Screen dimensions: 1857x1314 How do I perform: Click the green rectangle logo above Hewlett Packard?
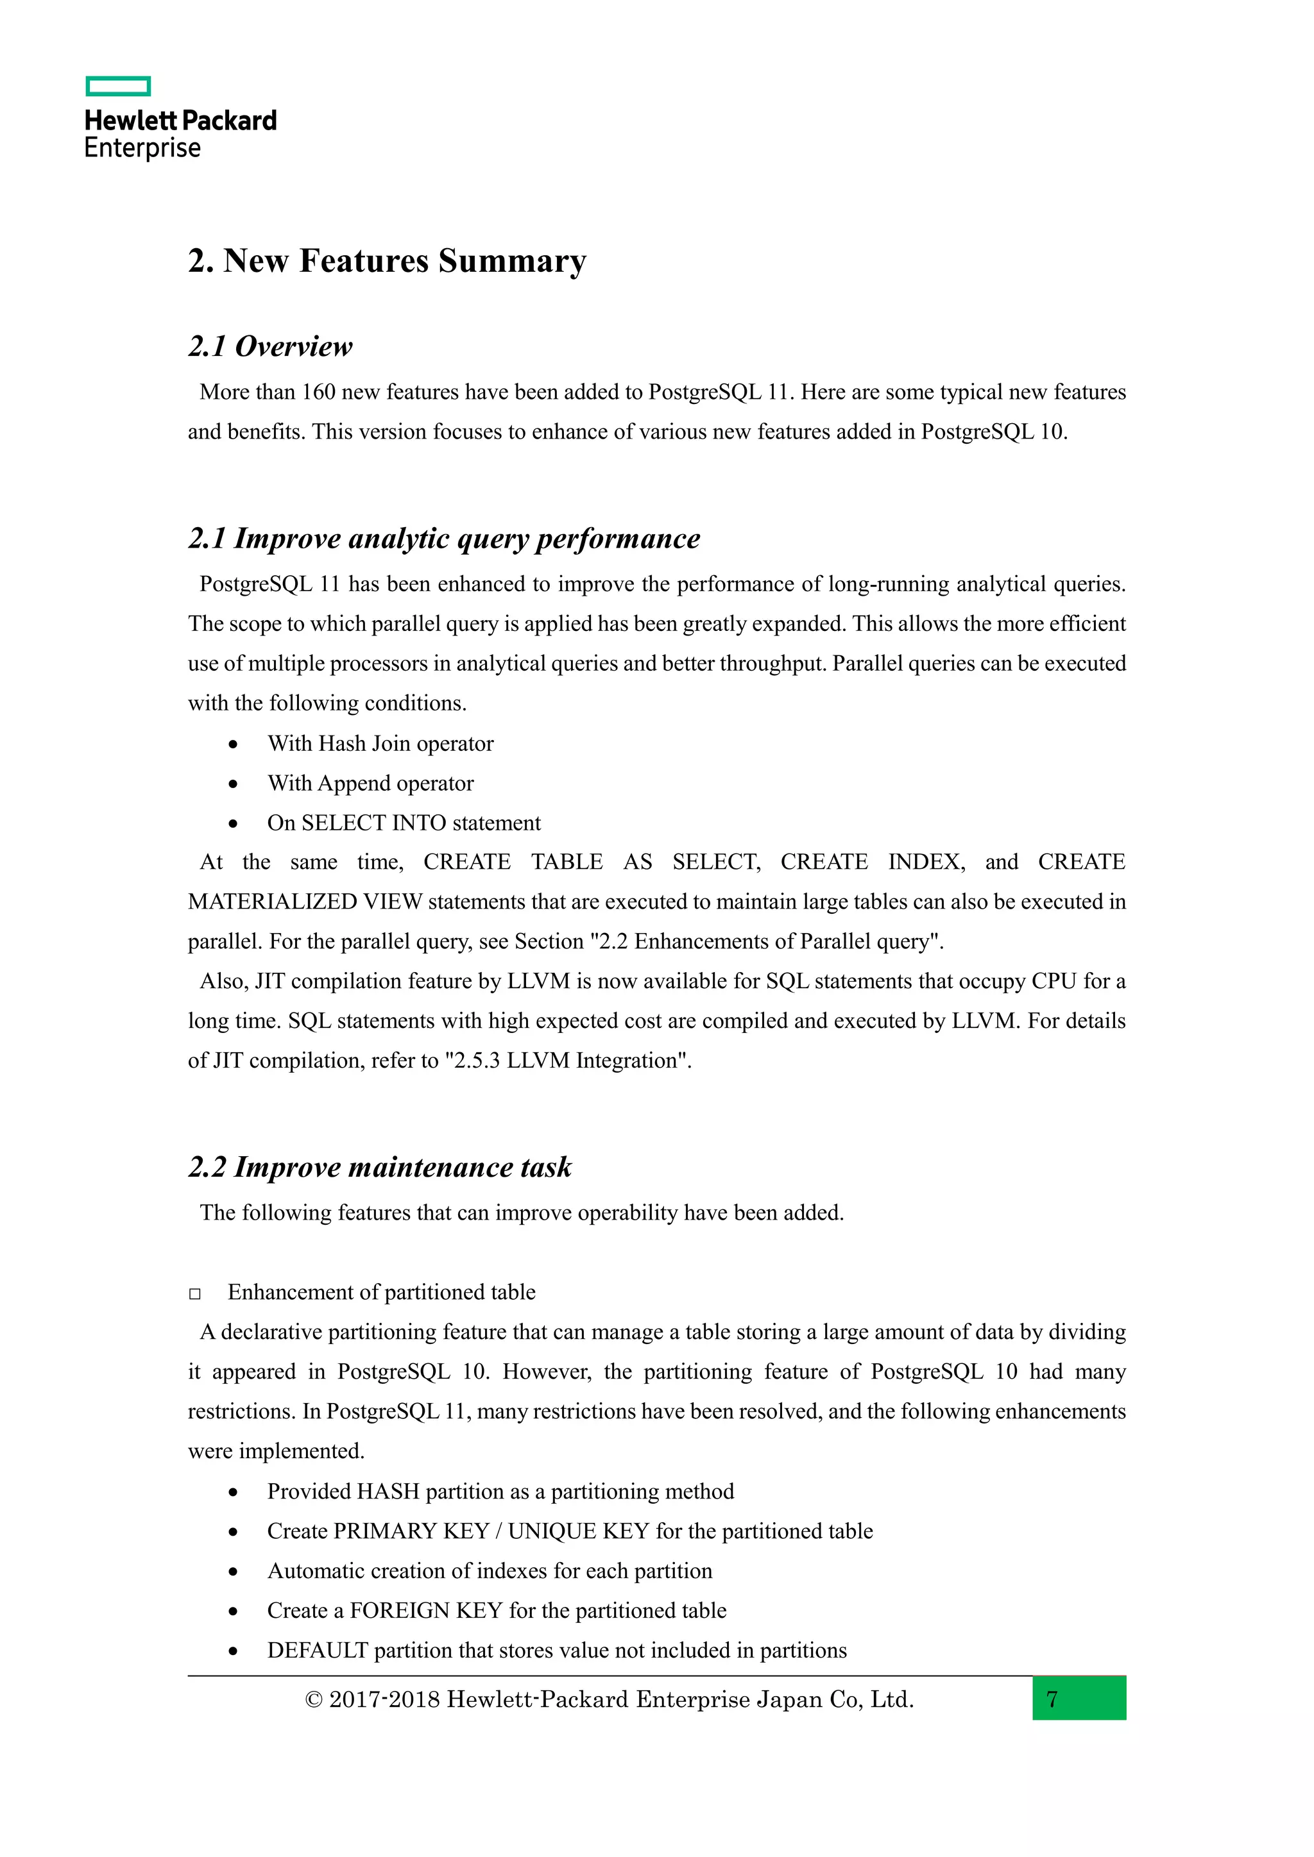coord(118,87)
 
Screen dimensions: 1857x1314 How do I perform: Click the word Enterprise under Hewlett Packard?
coord(142,148)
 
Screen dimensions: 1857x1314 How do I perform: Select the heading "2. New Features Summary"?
coord(387,261)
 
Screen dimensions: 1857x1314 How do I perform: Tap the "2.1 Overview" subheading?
coord(270,346)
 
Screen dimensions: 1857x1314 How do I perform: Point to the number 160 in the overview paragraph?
coord(318,392)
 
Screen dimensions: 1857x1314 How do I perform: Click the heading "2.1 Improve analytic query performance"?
coord(443,539)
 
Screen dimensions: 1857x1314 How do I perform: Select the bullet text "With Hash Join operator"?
coord(380,743)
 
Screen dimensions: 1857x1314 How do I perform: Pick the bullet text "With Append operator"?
coord(371,783)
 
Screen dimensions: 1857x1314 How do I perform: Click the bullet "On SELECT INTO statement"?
coord(404,823)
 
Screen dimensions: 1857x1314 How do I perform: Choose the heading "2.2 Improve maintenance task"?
coord(379,1167)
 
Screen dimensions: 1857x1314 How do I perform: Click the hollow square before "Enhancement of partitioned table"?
coord(195,1294)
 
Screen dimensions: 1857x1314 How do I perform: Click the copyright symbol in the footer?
coord(314,1700)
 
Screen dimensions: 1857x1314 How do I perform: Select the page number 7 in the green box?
coord(1052,1699)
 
